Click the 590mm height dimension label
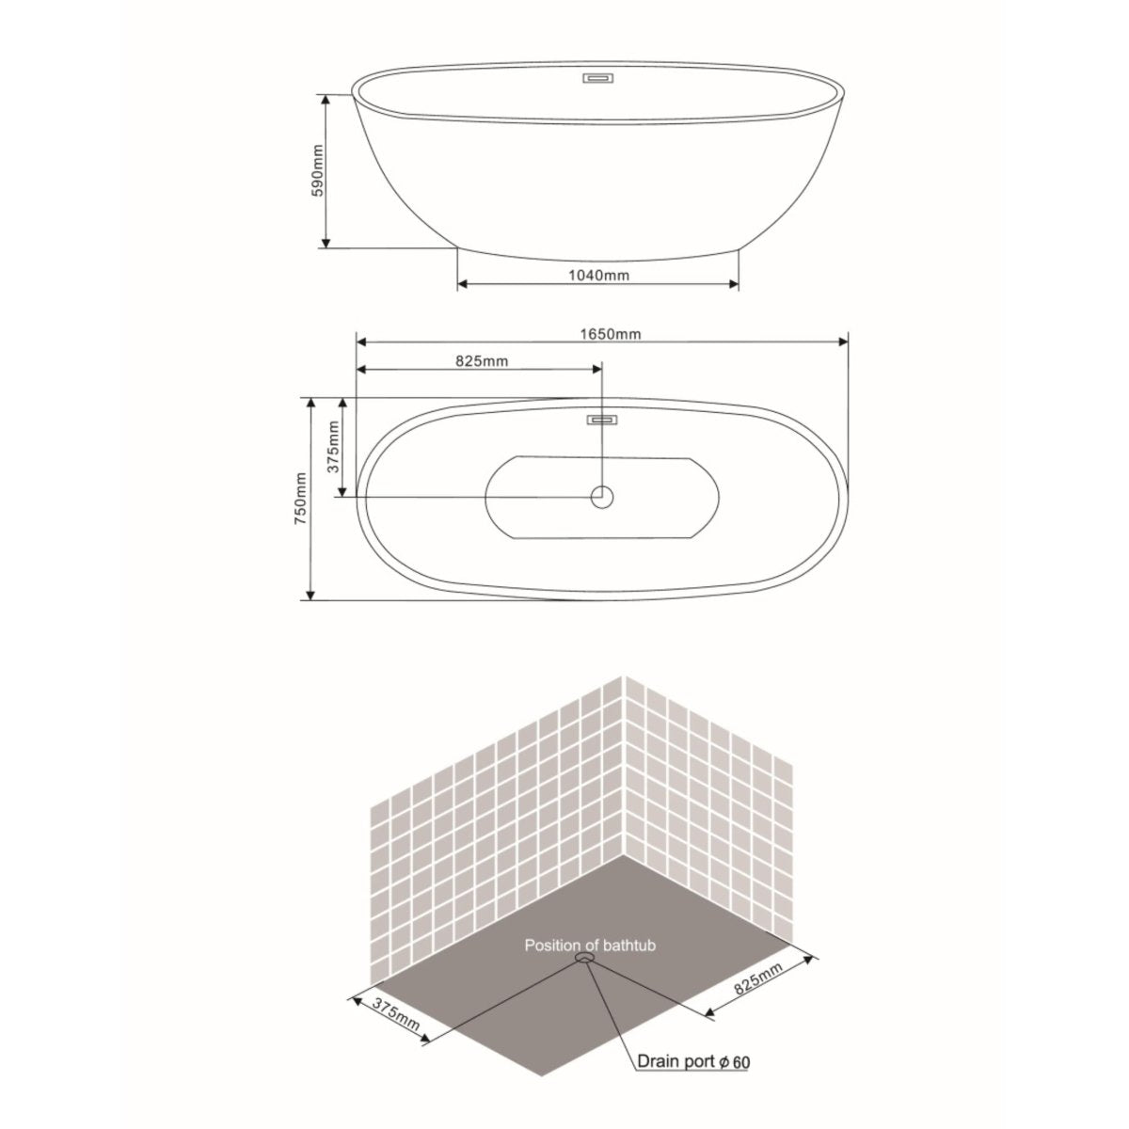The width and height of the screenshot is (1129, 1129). (318, 170)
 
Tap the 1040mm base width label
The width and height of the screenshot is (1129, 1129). (598, 275)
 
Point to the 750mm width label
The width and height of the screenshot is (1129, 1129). (300, 499)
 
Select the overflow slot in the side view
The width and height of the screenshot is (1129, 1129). (598, 79)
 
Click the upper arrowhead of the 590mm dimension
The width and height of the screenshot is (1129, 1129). (326, 98)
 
